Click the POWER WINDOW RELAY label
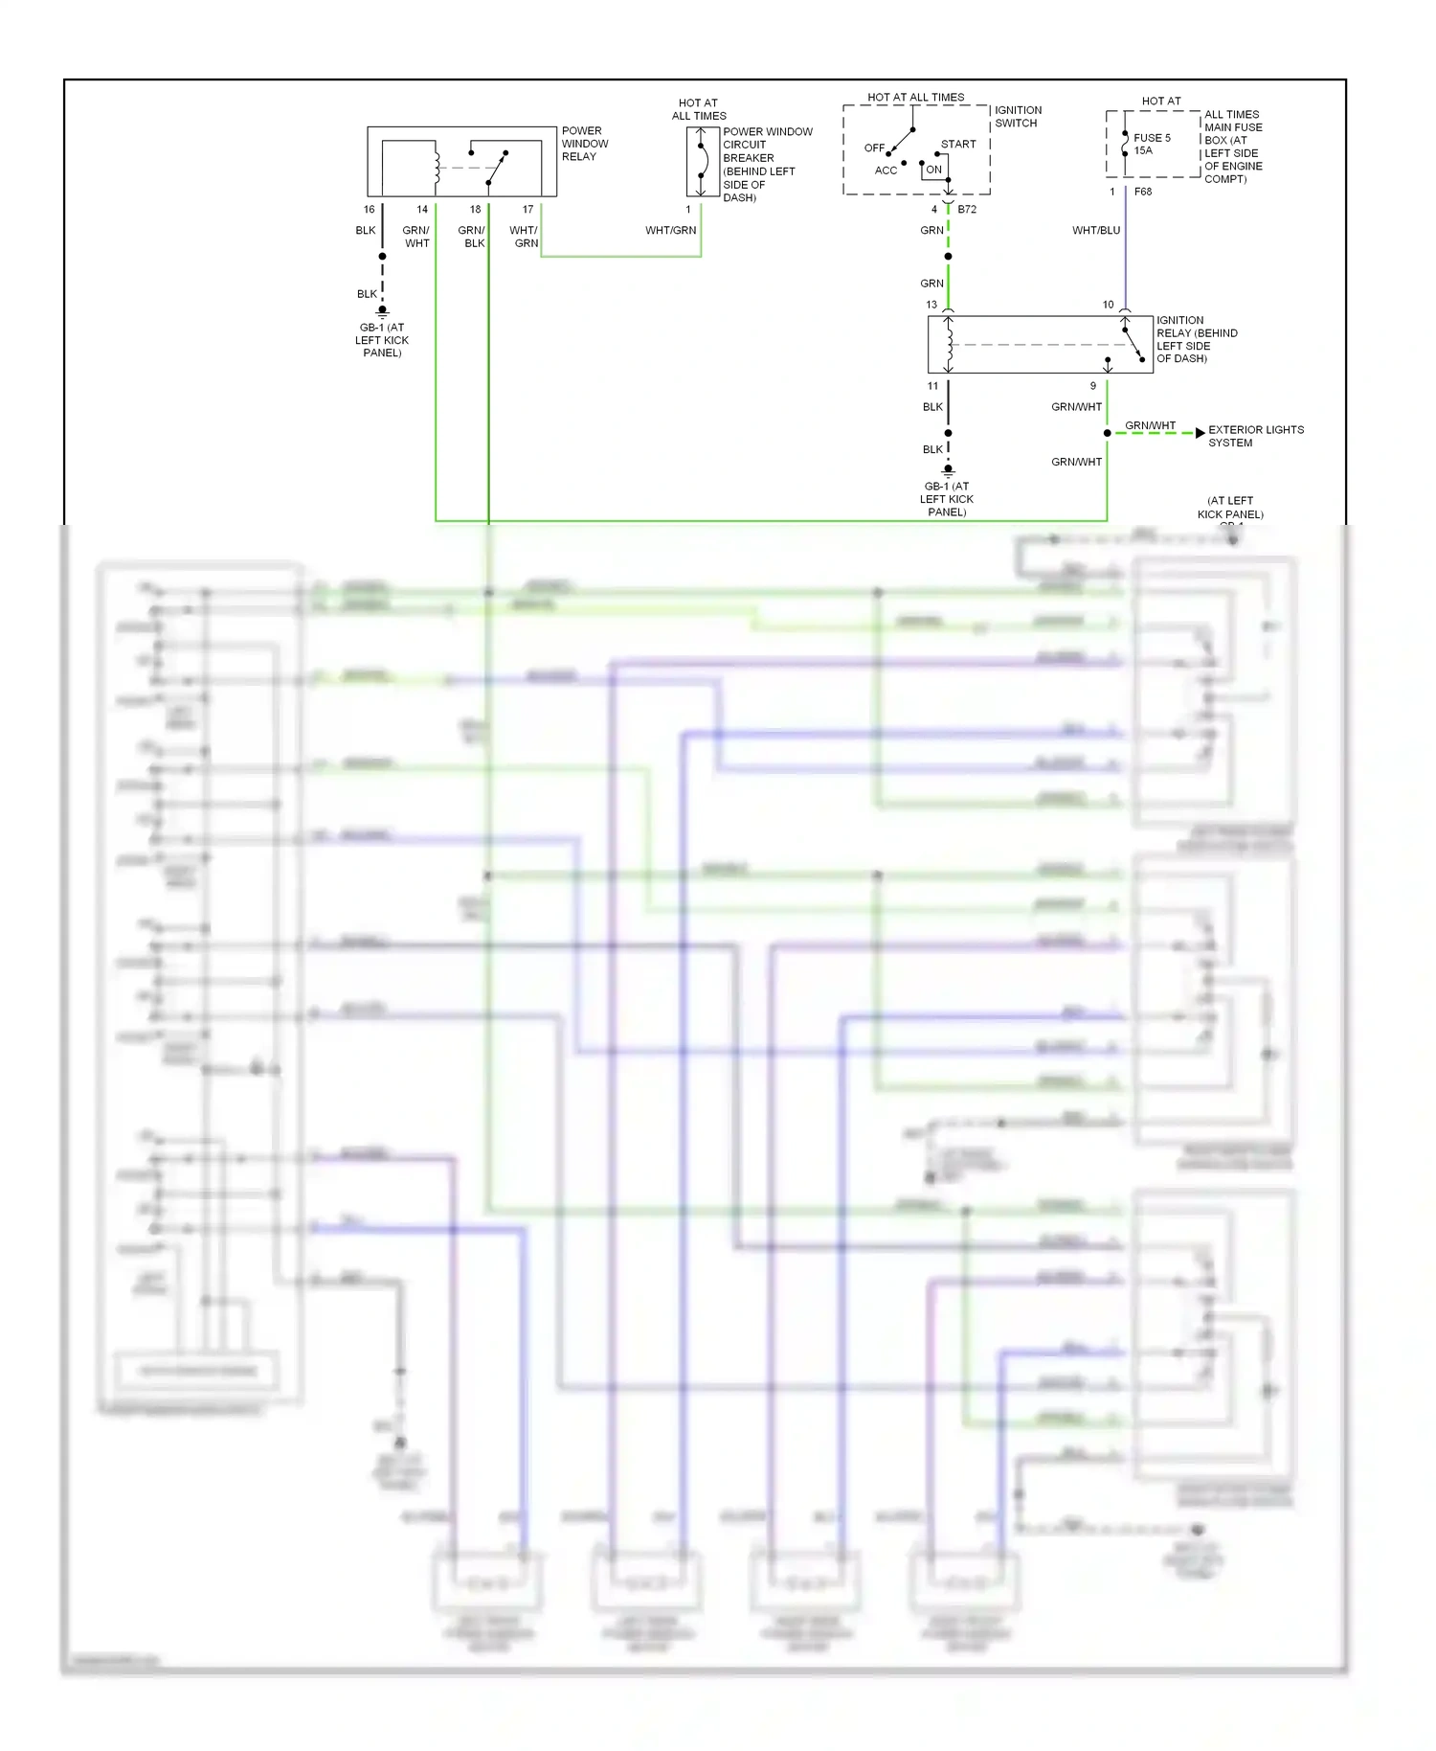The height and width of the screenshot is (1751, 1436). [584, 144]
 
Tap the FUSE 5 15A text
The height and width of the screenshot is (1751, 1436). [1152, 144]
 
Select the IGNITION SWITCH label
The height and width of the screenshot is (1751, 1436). [1017, 117]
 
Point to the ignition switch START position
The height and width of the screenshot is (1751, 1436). [957, 145]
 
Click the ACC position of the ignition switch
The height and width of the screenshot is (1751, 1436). [886, 171]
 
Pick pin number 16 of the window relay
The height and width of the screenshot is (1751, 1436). [369, 209]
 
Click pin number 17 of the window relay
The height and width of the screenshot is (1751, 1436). [527, 209]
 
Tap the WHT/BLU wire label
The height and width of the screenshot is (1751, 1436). [1095, 231]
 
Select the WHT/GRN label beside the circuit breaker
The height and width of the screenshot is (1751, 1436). [670, 231]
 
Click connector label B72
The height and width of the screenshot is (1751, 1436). [967, 209]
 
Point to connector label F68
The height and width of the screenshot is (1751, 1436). [1143, 192]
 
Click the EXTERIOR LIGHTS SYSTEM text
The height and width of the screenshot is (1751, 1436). [1255, 436]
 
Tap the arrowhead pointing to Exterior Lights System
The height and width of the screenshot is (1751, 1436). [1200, 433]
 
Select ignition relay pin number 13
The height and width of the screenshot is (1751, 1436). [931, 305]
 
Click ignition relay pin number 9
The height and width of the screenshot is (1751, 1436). [1092, 386]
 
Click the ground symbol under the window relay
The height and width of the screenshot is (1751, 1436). [382, 311]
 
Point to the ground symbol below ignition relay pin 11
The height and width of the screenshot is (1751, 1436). [948, 470]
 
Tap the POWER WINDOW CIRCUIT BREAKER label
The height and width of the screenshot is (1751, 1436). [766, 165]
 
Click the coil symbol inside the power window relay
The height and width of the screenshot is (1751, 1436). [438, 168]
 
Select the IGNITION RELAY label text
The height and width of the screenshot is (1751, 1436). [1196, 339]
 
